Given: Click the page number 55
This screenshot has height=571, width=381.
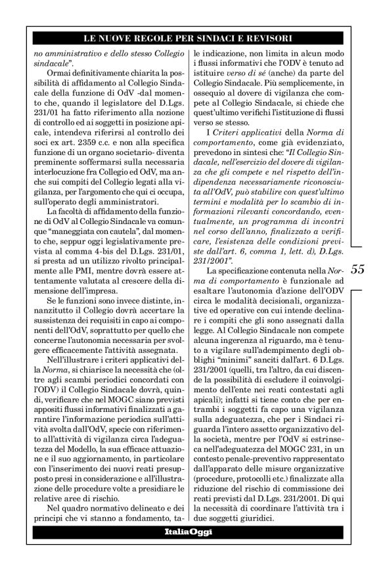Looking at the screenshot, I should click(357, 250).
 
